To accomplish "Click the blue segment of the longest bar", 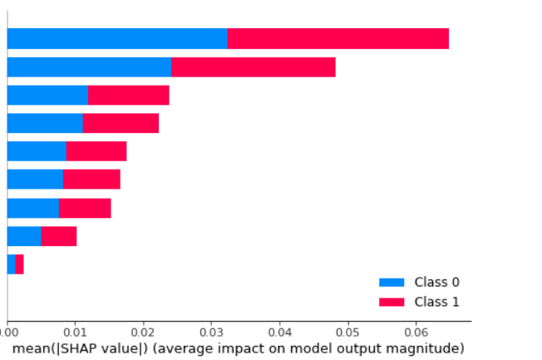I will pos(116,38).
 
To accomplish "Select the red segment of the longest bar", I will pos(338,38).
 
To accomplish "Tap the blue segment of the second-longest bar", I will pos(88,67).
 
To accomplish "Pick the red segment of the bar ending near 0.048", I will pos(253,67).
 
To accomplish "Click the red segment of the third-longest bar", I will pos(128,96).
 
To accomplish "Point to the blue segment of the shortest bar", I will pos(11,264).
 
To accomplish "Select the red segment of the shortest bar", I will pos(19,264).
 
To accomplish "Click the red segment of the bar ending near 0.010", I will pos(58,236).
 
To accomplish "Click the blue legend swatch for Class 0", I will pos(392,283).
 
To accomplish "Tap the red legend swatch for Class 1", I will pos(392,302).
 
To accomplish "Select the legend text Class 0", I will pos(436,283).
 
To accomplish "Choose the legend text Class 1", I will pos(436,302).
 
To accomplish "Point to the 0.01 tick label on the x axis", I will pos(75,330).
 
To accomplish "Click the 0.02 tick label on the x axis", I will pos(143,330).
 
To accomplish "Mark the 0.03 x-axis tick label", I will pos(211,330).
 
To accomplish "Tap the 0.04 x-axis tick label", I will pos(279,330).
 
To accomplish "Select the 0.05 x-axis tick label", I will pos(347,330).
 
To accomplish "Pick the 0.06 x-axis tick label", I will pos(416,330).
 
